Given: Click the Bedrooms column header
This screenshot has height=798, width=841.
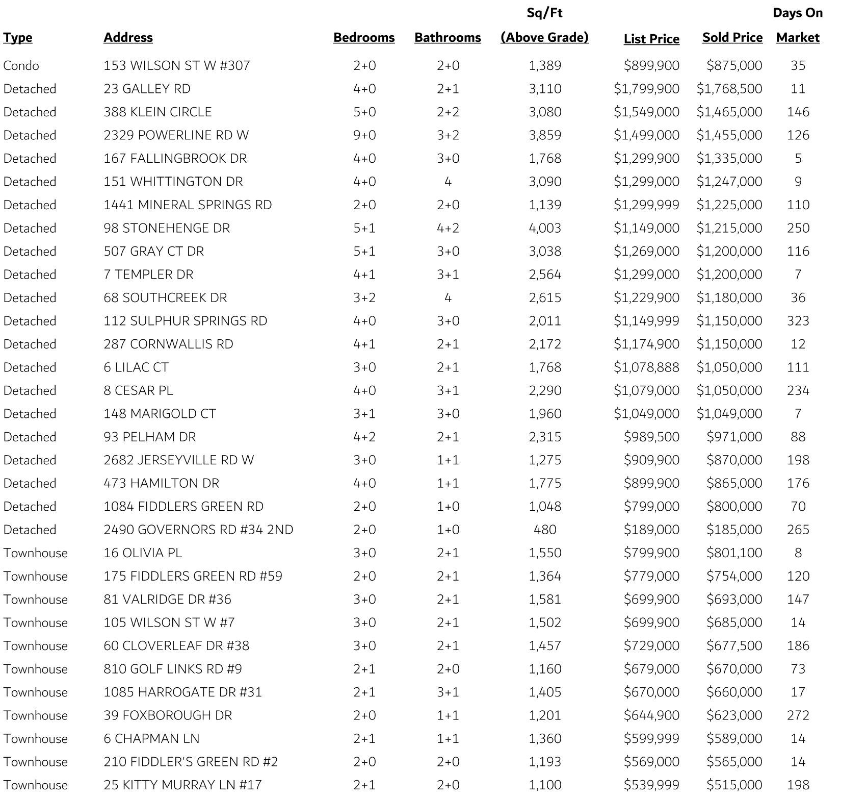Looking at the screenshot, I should pos(364,38).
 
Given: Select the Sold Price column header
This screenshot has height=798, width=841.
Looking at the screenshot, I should pos(732,38).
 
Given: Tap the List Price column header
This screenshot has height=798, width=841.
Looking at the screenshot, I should pos(651,39).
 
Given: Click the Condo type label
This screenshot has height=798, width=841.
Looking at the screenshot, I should pos(21,66).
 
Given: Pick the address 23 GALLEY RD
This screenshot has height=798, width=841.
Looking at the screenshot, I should pos(147,89).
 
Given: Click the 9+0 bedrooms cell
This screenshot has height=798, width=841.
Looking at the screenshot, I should pos(364,135).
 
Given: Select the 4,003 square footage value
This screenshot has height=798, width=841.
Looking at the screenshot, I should pos(545,228).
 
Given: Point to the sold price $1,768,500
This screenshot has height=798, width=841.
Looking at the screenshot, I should pos(729,89).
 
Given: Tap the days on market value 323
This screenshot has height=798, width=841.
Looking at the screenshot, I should pos(798,321).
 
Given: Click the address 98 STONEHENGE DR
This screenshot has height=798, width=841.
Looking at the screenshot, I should pos(167,228).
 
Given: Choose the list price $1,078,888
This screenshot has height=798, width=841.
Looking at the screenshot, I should pos(646,367).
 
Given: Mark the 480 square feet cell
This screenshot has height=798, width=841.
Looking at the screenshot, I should pos(545,530).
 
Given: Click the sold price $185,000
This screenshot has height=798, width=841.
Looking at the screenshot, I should pos(734,530).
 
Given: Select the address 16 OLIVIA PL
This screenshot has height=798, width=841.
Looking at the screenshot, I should pos(143,553).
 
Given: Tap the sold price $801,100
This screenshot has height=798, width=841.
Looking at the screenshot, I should pos(734,553).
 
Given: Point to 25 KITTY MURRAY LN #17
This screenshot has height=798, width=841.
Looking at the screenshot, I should pos(182,785).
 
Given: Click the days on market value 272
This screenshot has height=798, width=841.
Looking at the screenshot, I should pos(798,715).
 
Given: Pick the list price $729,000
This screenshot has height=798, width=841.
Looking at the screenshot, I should pos(651,646).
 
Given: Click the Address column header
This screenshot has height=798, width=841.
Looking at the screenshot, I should pos(128,38).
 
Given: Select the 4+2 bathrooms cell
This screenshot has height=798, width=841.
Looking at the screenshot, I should pos(448,228).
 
